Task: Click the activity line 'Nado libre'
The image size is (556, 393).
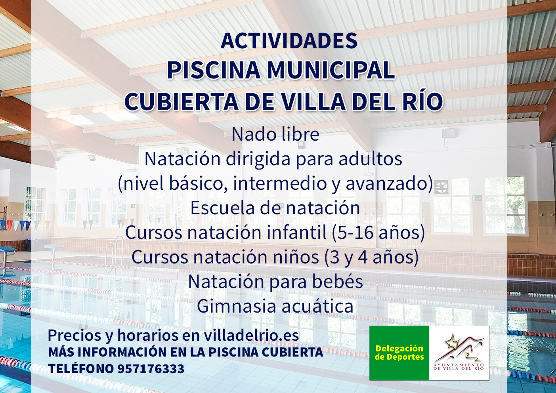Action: pyautogui.click(x=275, y=134)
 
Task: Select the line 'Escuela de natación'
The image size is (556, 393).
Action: pyautogui.click(x=275, y=208)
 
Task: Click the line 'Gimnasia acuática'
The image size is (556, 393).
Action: pyautogui.click(x=275, y=306)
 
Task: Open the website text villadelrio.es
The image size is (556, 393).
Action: pyautogui.click(x=251, y=336)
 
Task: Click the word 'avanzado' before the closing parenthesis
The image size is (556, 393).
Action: pyautogui.click(x=386, y=184)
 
